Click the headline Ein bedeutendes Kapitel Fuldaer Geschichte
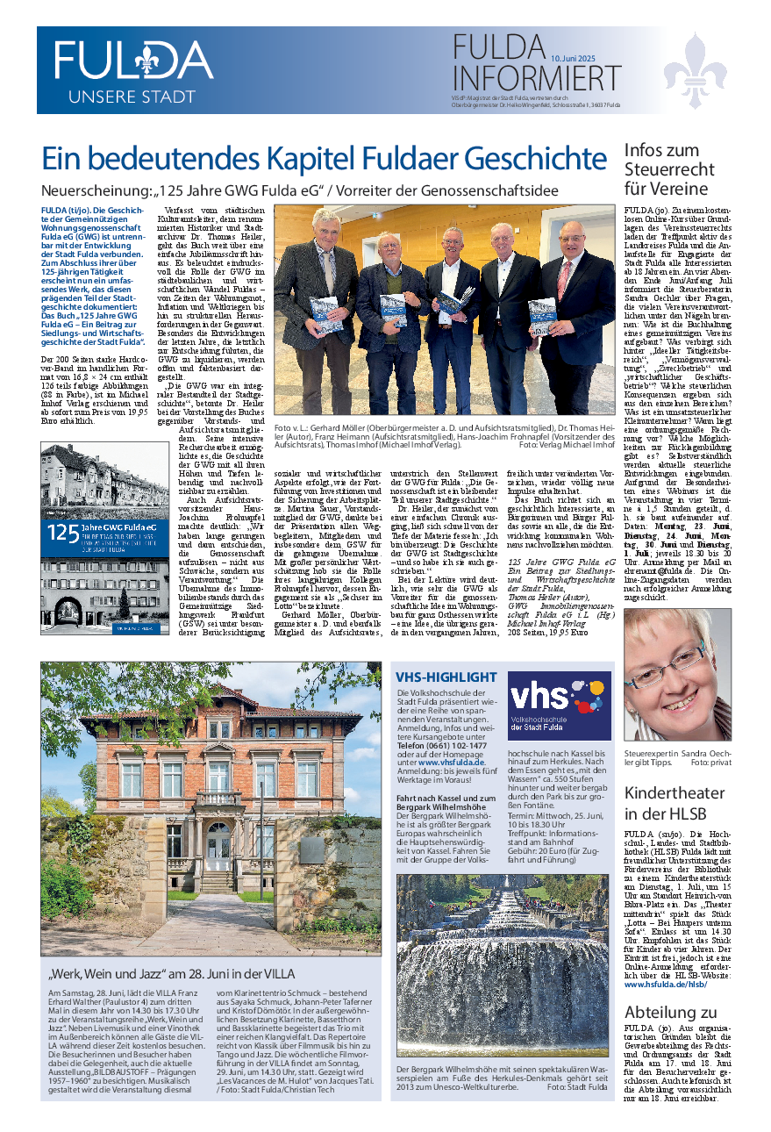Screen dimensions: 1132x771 (x=324, y=160)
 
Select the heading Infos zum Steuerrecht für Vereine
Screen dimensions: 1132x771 (x=666, y=169)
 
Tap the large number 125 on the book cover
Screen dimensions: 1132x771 (x=62, y=533)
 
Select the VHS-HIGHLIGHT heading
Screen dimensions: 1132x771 (x=446, y=677)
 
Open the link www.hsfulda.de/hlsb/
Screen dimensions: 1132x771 (x=665, y=985)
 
